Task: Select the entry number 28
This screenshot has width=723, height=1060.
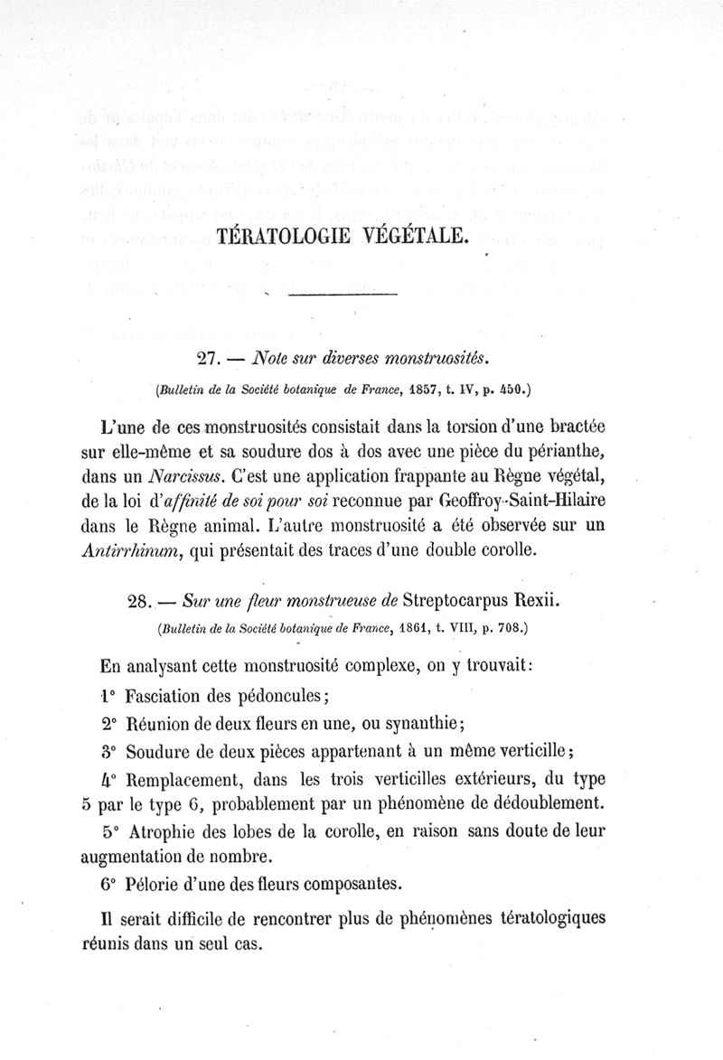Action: click(142, 600)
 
